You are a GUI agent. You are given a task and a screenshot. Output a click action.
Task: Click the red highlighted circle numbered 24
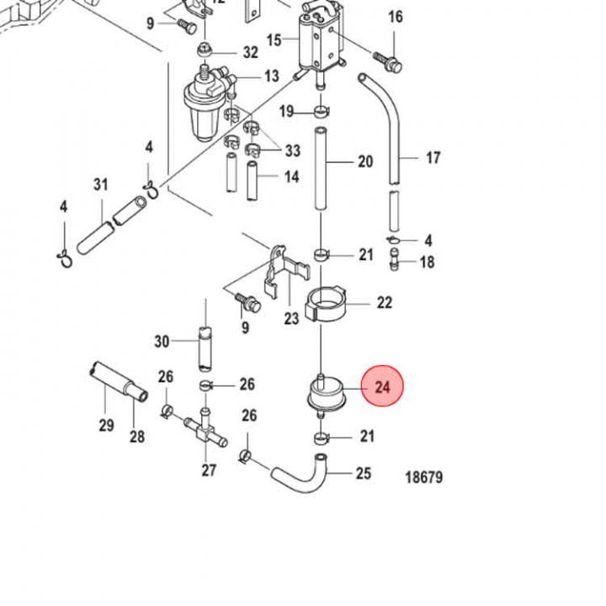click(383, 387)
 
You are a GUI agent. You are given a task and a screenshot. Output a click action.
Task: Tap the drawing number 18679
click(423, 478)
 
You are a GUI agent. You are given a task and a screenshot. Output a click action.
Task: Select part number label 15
click(274, 40)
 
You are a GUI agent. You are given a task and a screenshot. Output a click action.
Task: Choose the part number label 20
click(364, 162)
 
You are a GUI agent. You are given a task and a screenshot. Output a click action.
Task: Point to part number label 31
click(101, 184)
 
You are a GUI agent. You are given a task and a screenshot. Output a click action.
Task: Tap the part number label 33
click(292, 151)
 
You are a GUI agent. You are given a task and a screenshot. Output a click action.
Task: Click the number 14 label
click(291, 177)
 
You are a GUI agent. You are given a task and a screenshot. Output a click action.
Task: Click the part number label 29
click(106, 425)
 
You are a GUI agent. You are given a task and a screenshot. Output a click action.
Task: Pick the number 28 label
click(137, 436)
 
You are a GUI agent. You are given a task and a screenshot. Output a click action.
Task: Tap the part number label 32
click(250, 52)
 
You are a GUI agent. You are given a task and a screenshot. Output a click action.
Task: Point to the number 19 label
click(286, 112)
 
